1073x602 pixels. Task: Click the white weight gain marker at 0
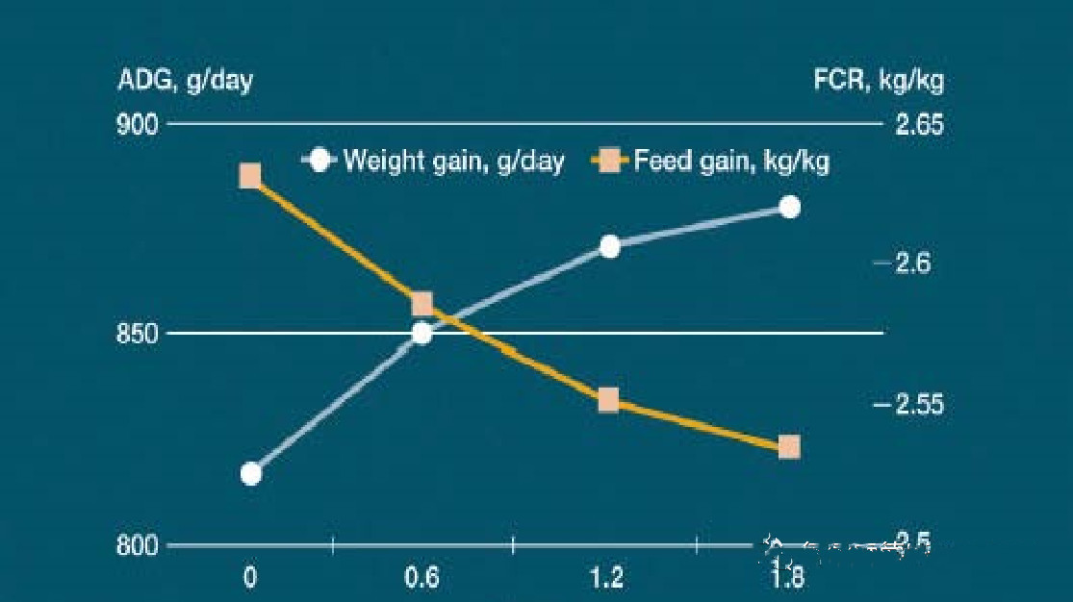251,474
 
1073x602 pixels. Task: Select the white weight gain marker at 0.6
422,334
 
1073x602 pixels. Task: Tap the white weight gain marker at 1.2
609,246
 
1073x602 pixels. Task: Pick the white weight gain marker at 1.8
790,207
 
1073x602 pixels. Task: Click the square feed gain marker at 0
250,176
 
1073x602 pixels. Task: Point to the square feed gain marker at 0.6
422,305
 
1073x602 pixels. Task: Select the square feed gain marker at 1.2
608,400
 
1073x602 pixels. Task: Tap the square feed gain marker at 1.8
789,447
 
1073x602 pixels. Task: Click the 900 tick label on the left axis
137,126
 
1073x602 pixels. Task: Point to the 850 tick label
137,335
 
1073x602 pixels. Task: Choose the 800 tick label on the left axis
137,546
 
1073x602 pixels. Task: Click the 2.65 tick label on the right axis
920,126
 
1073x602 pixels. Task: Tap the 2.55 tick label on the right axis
920,405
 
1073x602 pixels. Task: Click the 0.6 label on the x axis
422,578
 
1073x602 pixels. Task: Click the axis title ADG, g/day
185,81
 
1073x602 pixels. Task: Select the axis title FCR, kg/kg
879,81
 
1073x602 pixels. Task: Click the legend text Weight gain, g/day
453,161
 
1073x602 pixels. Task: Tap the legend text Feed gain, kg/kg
731,161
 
